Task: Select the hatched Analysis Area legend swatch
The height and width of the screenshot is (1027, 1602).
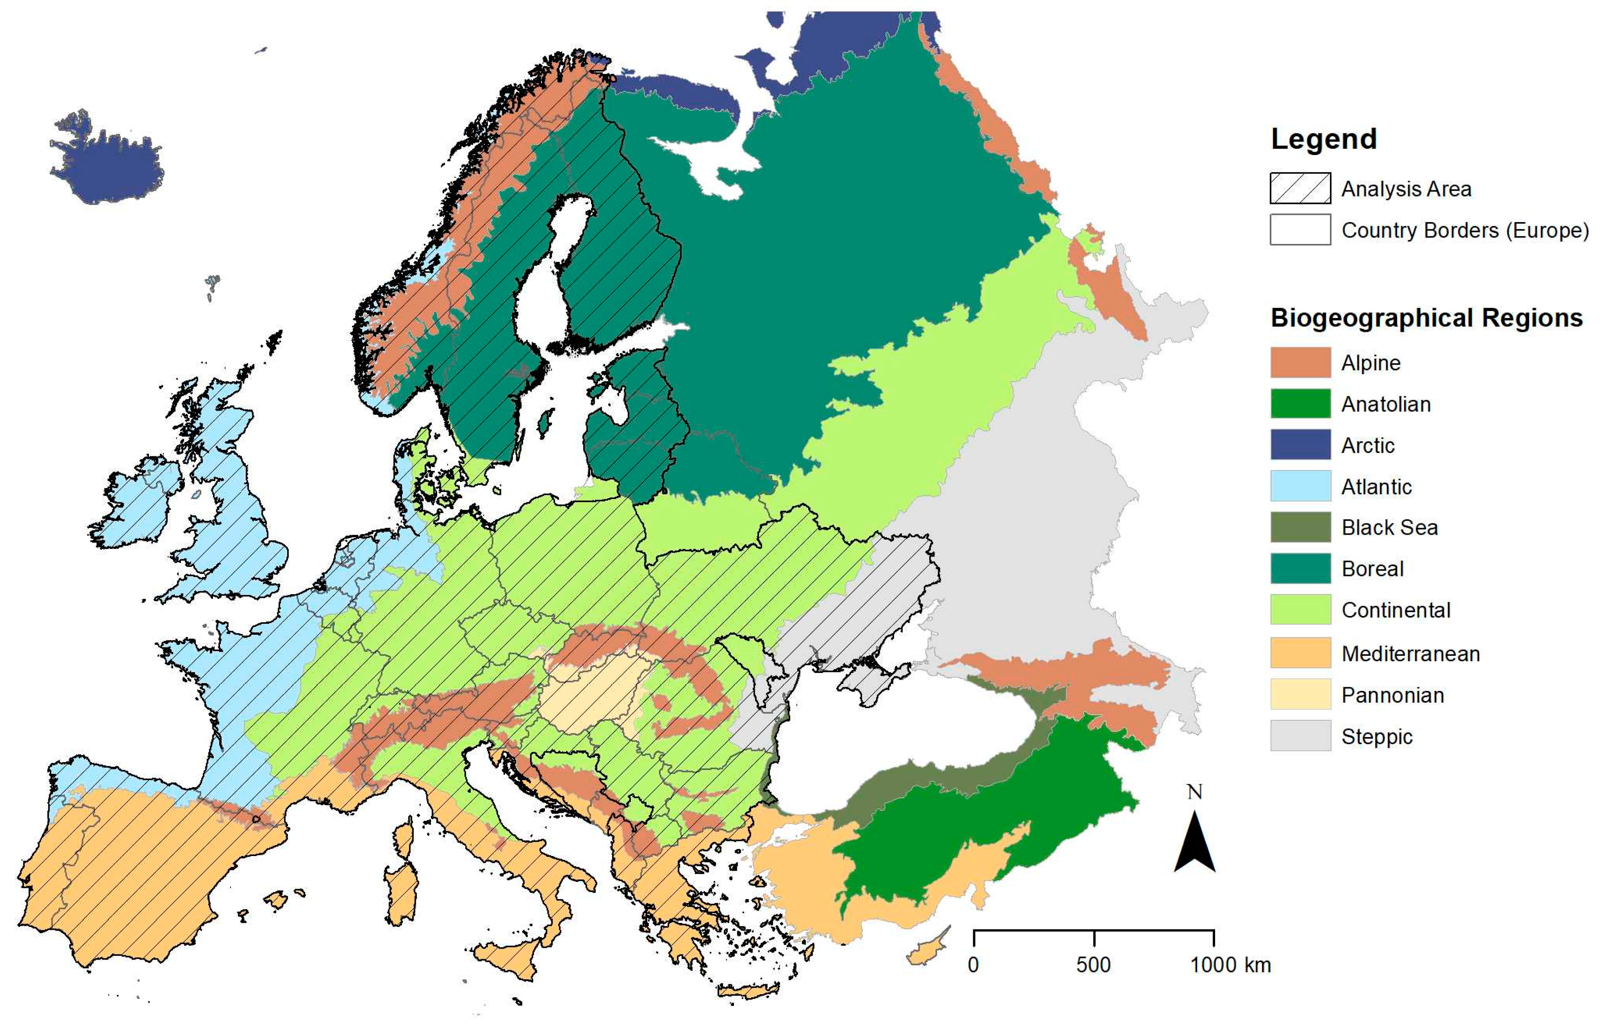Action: (x=1299, y=189)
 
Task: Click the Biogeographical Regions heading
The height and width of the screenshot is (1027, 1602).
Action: (x=1426, y=318)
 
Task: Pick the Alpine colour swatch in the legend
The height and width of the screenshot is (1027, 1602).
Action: (x=1299, y=363)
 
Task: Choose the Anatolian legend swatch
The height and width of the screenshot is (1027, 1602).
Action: (x=1299, y=404)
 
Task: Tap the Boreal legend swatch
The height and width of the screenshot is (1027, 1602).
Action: (x=1299, y=569)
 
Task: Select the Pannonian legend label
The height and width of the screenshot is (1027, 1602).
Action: (x=1392, y=696)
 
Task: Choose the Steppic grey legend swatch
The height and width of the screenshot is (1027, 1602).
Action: (x=1299, y=736)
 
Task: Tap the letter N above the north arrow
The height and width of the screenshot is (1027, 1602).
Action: (x=1194, y=792)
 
